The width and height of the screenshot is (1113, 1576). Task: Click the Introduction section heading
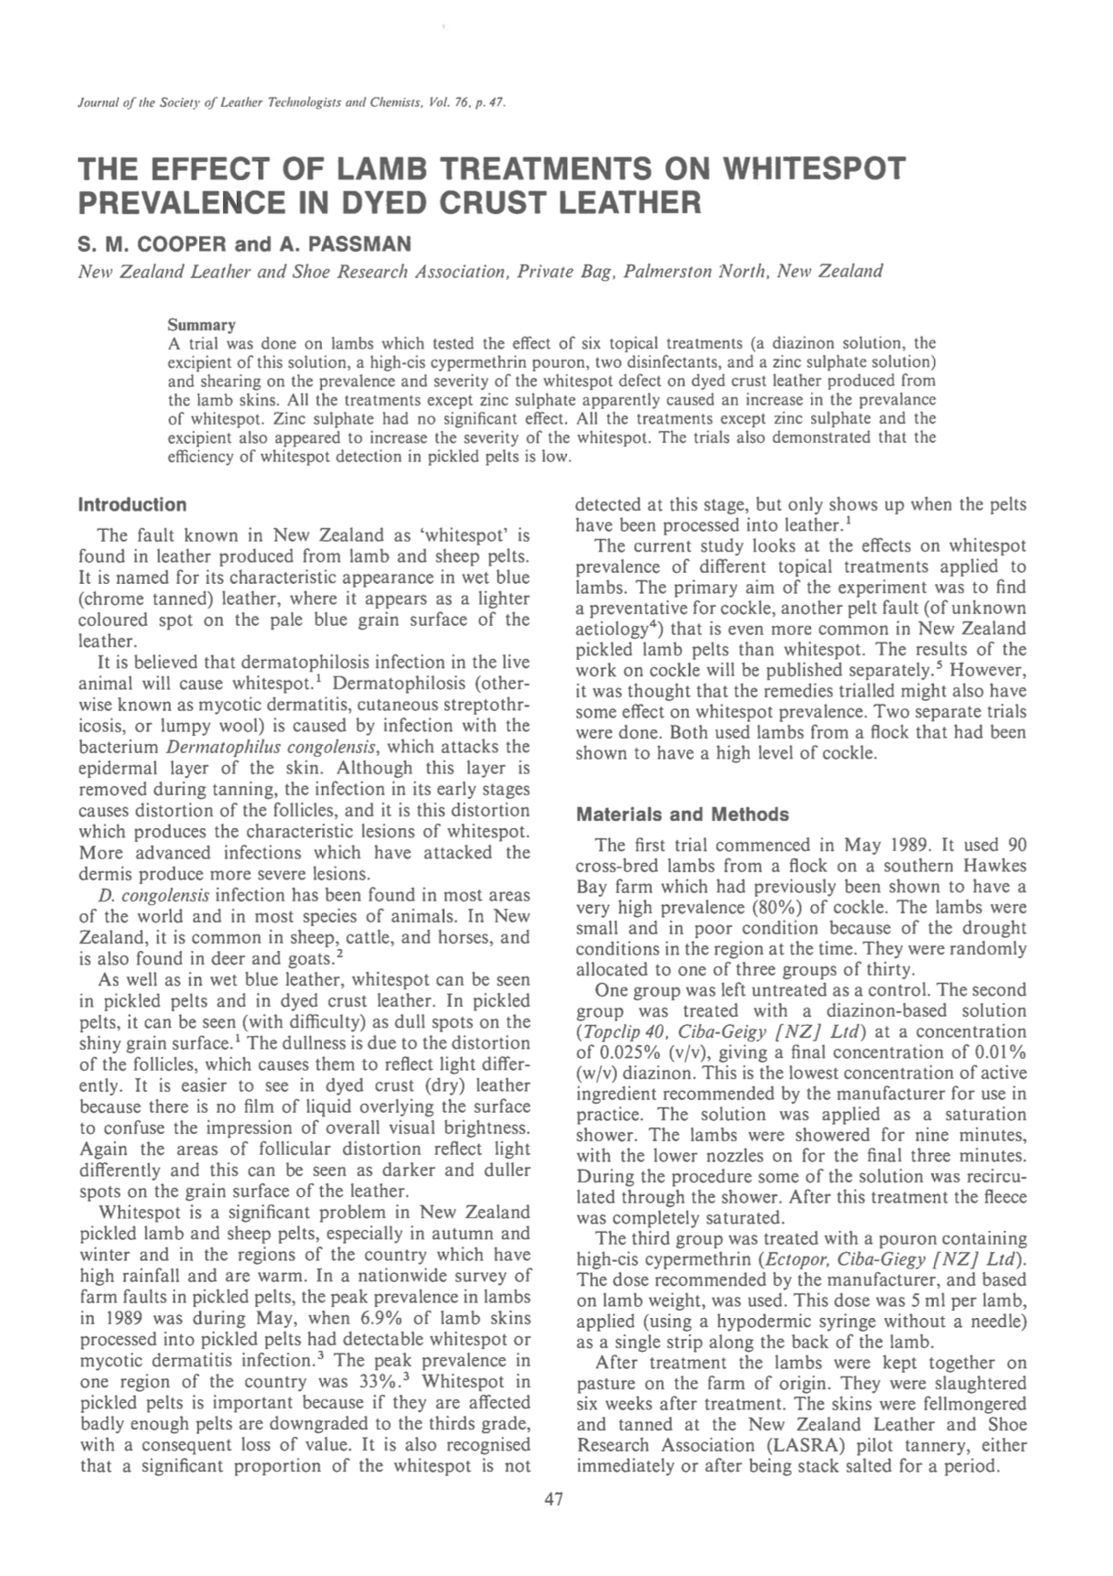coord(133,504)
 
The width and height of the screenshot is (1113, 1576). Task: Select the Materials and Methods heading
coord(681,815)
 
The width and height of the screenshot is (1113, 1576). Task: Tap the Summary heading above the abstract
coord(201,325)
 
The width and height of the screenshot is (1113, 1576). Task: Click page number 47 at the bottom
coord(553,1499)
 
